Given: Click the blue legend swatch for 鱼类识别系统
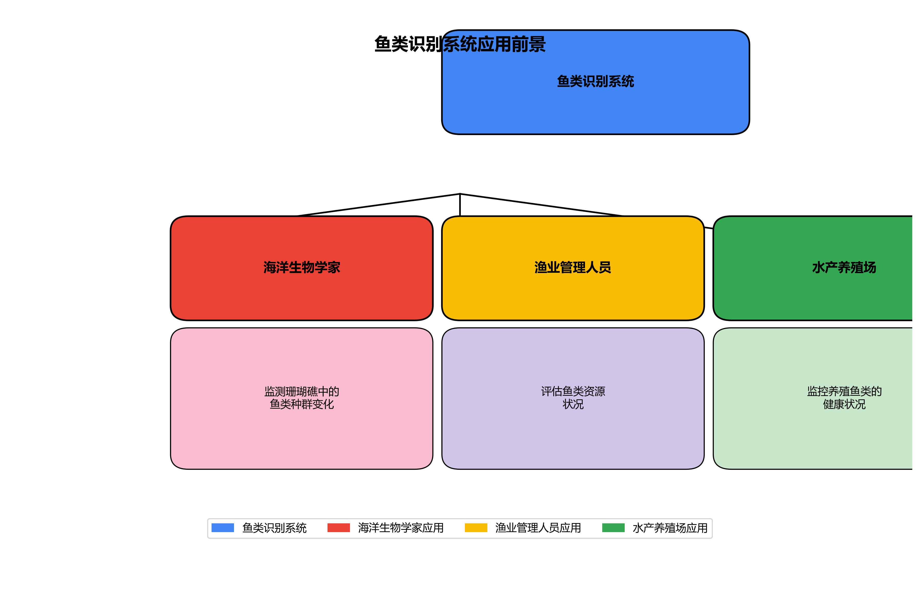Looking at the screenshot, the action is click(x=222, y=528).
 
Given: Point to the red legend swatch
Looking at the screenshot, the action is click(x=338, y=528).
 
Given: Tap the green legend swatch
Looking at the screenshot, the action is click(x=613, y=528).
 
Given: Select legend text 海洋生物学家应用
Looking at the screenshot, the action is click(x=400, y=528).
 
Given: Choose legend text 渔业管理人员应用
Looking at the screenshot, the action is click(x=538, y=528).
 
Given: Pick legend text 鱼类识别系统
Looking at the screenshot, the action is click(x=274, y=528).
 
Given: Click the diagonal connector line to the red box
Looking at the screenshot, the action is click(x=378, y=205).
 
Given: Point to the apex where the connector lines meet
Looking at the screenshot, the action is click(x=460, y=194).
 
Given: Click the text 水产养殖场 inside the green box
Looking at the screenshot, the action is click(x=844, y=267).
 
